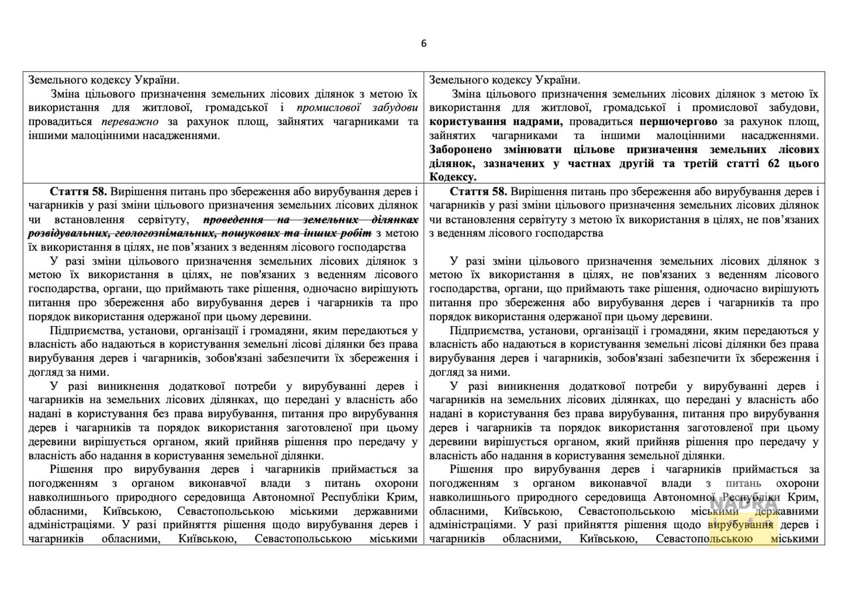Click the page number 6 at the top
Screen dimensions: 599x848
[424, 44]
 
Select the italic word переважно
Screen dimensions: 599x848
[130, 122]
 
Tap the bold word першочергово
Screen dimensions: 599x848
[678, 122]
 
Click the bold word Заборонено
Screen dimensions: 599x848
[460, 150]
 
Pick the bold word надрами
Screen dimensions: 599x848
[537, 122]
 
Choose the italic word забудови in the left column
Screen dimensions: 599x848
[394, 108]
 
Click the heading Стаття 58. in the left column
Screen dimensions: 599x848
[78, 191]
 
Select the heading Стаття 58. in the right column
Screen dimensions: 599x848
[478, 191]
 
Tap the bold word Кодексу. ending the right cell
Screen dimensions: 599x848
[453, 177]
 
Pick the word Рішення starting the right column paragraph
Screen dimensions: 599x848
[470, 469]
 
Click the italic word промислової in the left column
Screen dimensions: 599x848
[328, 108]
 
